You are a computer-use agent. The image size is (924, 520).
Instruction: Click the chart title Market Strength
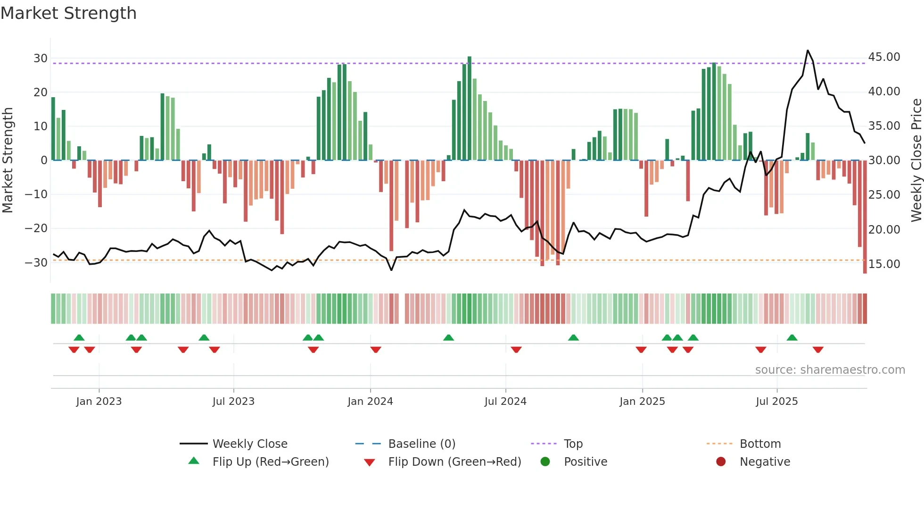click(x=68, y=13)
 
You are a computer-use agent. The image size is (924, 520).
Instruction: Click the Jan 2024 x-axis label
click(x=370, y=402)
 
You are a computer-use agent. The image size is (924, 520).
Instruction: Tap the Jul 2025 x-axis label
click(x=776, y=402)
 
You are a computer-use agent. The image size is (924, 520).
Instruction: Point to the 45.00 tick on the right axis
click(x=884, y=57)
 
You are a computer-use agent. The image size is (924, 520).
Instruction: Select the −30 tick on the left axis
click(x=36, y=262)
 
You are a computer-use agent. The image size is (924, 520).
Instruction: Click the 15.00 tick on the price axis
click(x=884, y=264)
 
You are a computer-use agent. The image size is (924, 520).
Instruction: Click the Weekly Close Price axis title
click(x=916, y=160)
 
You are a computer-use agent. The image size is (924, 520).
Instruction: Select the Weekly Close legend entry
click(x=250, y=444)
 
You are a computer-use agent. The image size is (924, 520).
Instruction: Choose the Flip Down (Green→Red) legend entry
click(x=454, y=462)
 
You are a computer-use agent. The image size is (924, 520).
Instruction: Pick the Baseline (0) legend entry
click(x=421, y=444)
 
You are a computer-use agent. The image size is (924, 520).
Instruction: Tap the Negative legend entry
click(x=765, y=462)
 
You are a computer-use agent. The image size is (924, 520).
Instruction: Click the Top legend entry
click(x=573, y=444)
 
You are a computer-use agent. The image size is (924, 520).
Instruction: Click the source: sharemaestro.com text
click(x=830, y=370)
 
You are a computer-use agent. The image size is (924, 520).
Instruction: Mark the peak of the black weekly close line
click(x=808, y=50)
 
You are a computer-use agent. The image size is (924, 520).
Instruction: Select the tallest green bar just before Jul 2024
click(x=470, y=109)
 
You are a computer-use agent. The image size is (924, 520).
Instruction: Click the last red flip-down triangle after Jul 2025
click(x=818, y=350)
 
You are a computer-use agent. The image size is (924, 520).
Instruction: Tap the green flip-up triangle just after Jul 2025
click(x=792, y=337)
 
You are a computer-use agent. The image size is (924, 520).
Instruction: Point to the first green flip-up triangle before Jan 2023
click(x=79, y=337)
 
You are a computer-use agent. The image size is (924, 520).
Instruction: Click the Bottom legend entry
click(x=760, y=444)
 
